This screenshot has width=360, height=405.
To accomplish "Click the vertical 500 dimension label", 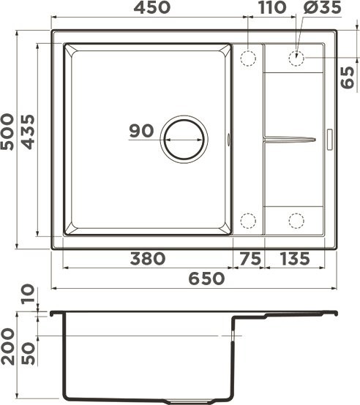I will [x=8, y=132].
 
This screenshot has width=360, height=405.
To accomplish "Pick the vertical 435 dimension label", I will [x=27, y=132].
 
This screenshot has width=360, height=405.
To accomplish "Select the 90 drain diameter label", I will [x=140, y=132].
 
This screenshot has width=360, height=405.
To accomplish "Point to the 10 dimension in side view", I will [x=27, y=296].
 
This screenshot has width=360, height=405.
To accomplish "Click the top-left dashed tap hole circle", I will [x=248, y=57].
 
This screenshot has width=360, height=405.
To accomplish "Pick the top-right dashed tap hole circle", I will [x=297, y=57].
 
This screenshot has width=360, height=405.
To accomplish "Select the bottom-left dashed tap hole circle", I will [x=248, y=220].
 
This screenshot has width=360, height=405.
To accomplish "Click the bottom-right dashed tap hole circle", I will [x=297, y=220].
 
